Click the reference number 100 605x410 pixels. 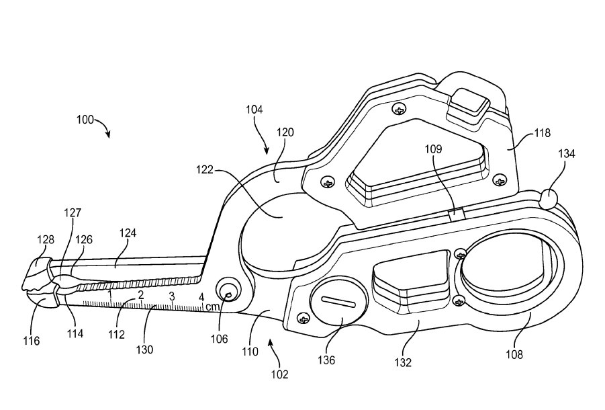coord(85,120)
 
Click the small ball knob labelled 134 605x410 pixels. coord(549,198)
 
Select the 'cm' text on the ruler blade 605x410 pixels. coord(212,306)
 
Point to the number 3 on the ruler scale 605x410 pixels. coord(172,296)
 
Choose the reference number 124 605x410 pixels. coord(128,233)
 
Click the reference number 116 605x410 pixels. coord(31,341)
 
